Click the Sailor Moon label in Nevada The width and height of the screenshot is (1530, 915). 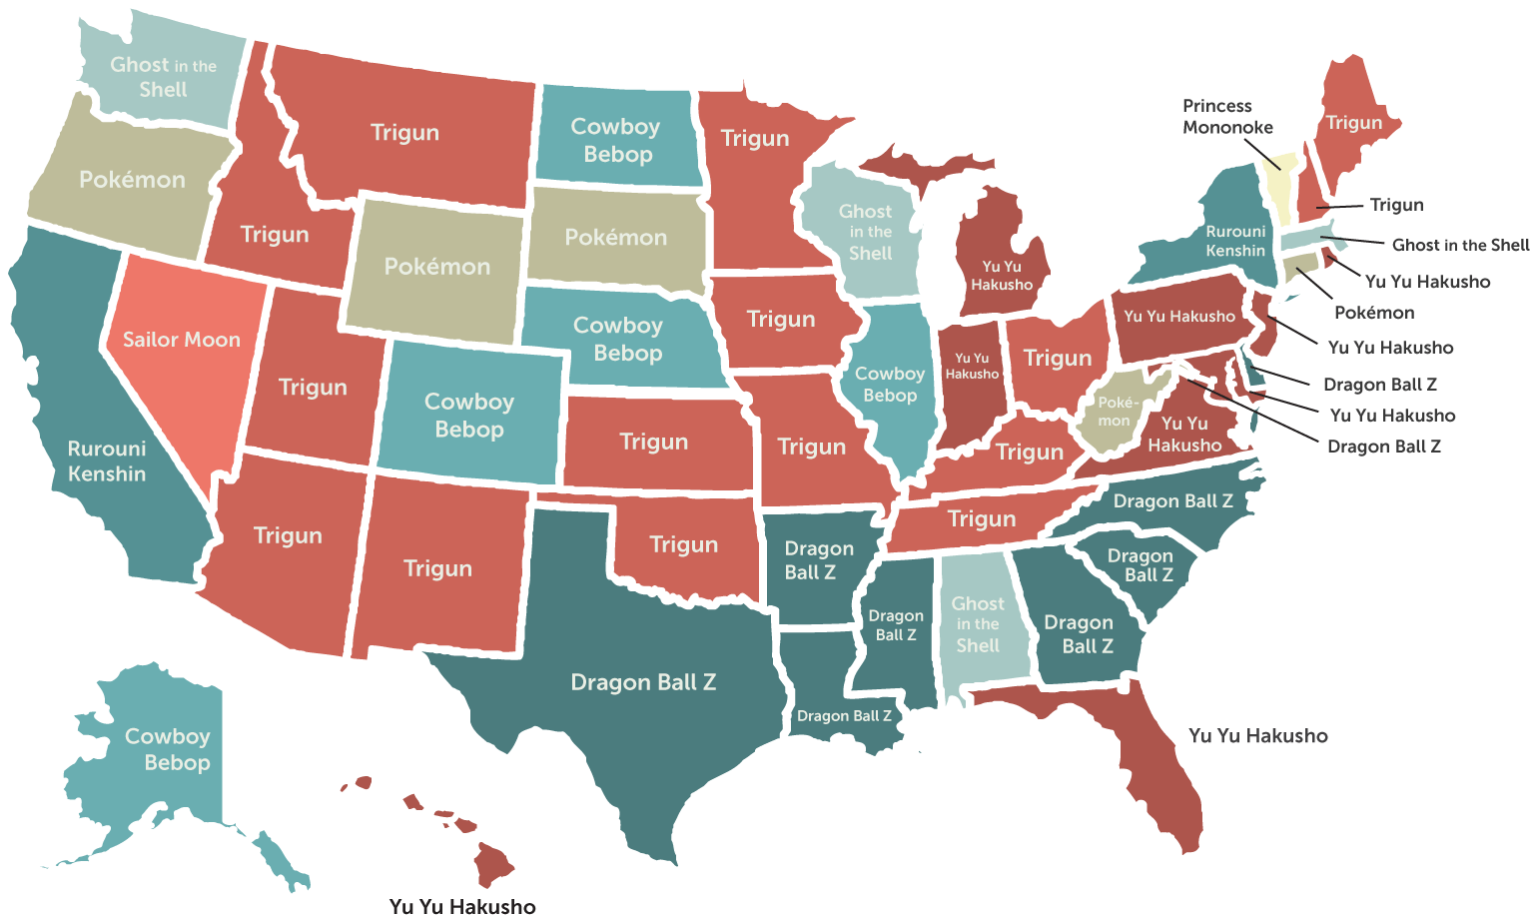181,340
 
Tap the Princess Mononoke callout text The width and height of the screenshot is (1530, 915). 1227,117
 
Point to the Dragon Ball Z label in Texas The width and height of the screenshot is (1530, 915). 643,682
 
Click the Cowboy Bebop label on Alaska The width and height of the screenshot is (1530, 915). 168,749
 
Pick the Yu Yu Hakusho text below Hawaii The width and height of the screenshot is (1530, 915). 462,906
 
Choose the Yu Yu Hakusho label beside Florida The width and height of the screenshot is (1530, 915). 1257,736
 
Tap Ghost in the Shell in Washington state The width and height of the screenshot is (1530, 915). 163,77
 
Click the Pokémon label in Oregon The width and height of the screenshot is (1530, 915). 132,180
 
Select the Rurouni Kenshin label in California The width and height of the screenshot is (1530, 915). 107,461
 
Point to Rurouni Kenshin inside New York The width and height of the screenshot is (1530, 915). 1235,241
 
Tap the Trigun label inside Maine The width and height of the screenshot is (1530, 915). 1353,123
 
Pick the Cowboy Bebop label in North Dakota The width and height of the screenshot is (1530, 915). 616,140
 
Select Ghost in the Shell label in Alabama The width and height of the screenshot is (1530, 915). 978,624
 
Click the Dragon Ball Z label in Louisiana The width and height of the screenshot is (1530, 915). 844,715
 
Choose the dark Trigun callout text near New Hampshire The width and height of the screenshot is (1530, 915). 1396,205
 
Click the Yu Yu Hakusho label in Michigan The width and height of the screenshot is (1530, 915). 1002,276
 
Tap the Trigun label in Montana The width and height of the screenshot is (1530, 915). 404,132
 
